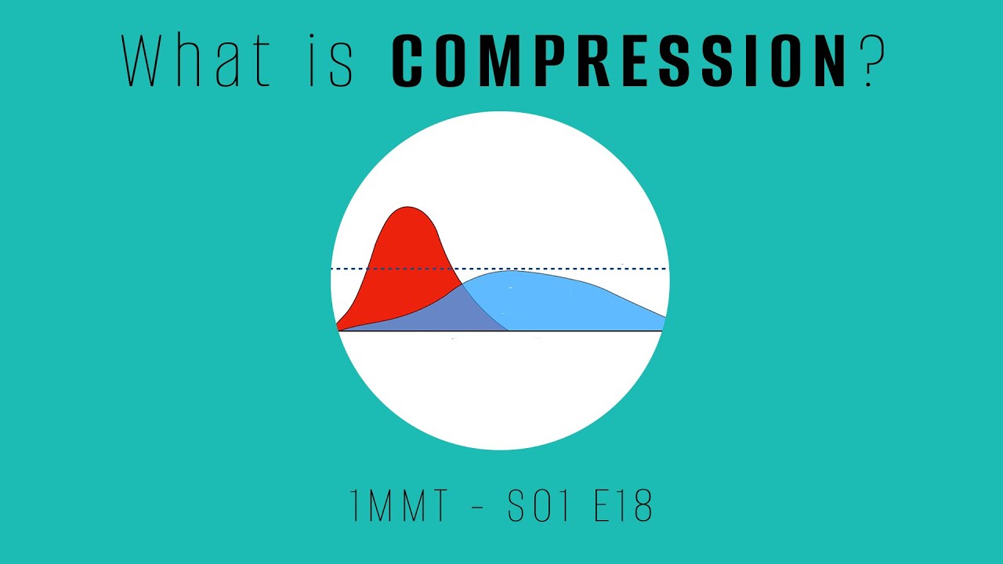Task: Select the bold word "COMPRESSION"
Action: pyautogui.click(x=618, y=60)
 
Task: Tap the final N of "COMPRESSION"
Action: pyautogui.click(x=827, y=60)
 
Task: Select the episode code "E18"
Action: pyautogui.click(x=624, y=508)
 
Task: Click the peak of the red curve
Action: pyautogui.click(x=407, y=208)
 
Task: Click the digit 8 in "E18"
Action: pyautogui.click(x=642, y=508)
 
